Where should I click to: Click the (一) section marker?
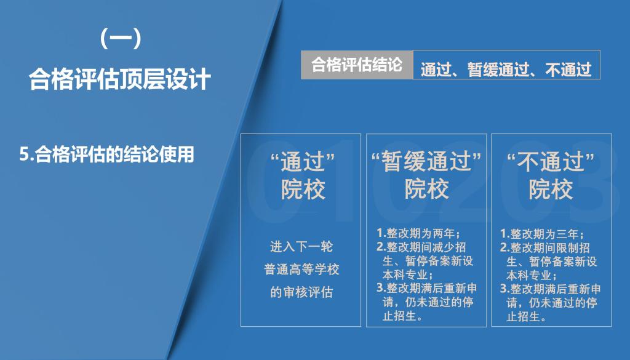coord(121,39)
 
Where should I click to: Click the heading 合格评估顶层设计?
coord(120,79)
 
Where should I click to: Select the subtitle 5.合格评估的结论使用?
coord(107,154)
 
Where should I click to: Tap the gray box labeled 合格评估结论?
coord(357,65)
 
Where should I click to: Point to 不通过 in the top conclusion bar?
coord(568,70)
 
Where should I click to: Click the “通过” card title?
coord(303,161)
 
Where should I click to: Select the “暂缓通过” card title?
coord(426,161)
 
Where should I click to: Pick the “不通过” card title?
coord(551,161)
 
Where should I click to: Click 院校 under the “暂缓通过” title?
coord(426,189)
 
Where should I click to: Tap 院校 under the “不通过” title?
coord(551,189)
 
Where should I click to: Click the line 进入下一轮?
coord(301,246)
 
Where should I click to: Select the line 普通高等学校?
coord(301,269)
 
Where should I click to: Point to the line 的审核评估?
coord(301,292)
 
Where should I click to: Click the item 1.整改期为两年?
coord(418,233)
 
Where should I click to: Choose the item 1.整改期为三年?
coord(541,234)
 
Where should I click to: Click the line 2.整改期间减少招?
coord(421,247)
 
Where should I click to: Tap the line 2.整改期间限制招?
coord(545,247)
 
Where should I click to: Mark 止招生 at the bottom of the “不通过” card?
coord(527,316)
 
